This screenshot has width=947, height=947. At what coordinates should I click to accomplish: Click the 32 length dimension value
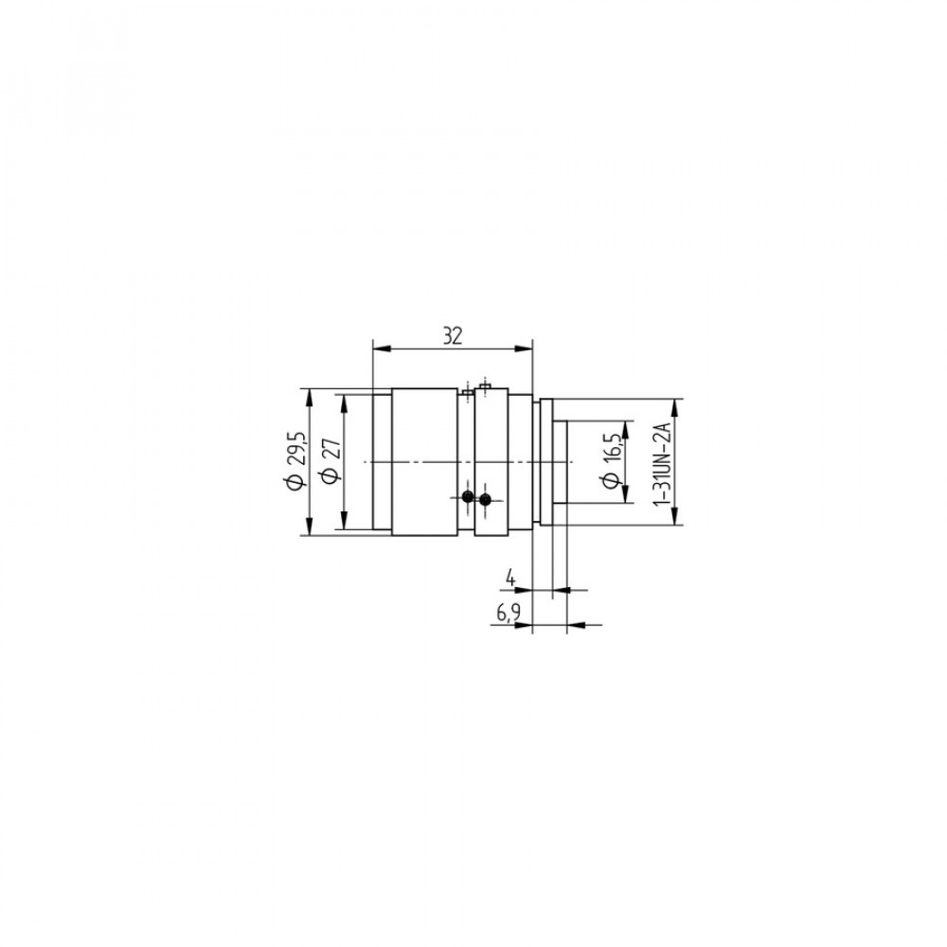tap(453, 335)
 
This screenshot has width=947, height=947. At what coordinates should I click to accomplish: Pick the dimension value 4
tap(511, 578)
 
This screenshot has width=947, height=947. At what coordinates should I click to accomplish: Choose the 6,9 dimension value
tap(509, 614)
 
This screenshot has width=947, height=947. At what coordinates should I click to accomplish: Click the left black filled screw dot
tap(467, 497)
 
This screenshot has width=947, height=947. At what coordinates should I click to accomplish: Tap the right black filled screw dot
tap(484, 499)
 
